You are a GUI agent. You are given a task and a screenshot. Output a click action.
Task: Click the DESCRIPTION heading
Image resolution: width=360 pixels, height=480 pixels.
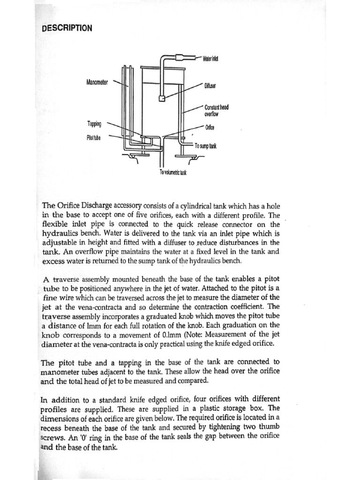pos(67,28)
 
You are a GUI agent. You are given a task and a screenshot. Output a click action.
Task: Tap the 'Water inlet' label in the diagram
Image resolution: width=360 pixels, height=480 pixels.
pos(210,59)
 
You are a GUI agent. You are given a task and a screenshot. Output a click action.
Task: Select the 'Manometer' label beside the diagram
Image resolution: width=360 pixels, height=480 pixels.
pos(97,82)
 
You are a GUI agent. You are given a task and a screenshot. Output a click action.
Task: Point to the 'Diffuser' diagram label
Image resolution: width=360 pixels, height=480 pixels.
pos(209,86)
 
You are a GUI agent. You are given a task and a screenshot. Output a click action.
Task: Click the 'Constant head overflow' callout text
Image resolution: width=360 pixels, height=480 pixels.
pos(216,110)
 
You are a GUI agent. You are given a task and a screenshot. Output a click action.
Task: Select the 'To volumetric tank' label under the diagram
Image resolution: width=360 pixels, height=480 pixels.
pos(173,173)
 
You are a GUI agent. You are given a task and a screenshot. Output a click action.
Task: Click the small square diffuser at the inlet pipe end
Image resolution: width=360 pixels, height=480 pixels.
pos(161,99)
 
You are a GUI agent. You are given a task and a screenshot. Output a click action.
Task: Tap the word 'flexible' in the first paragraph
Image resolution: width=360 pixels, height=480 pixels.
pos(55,225)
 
